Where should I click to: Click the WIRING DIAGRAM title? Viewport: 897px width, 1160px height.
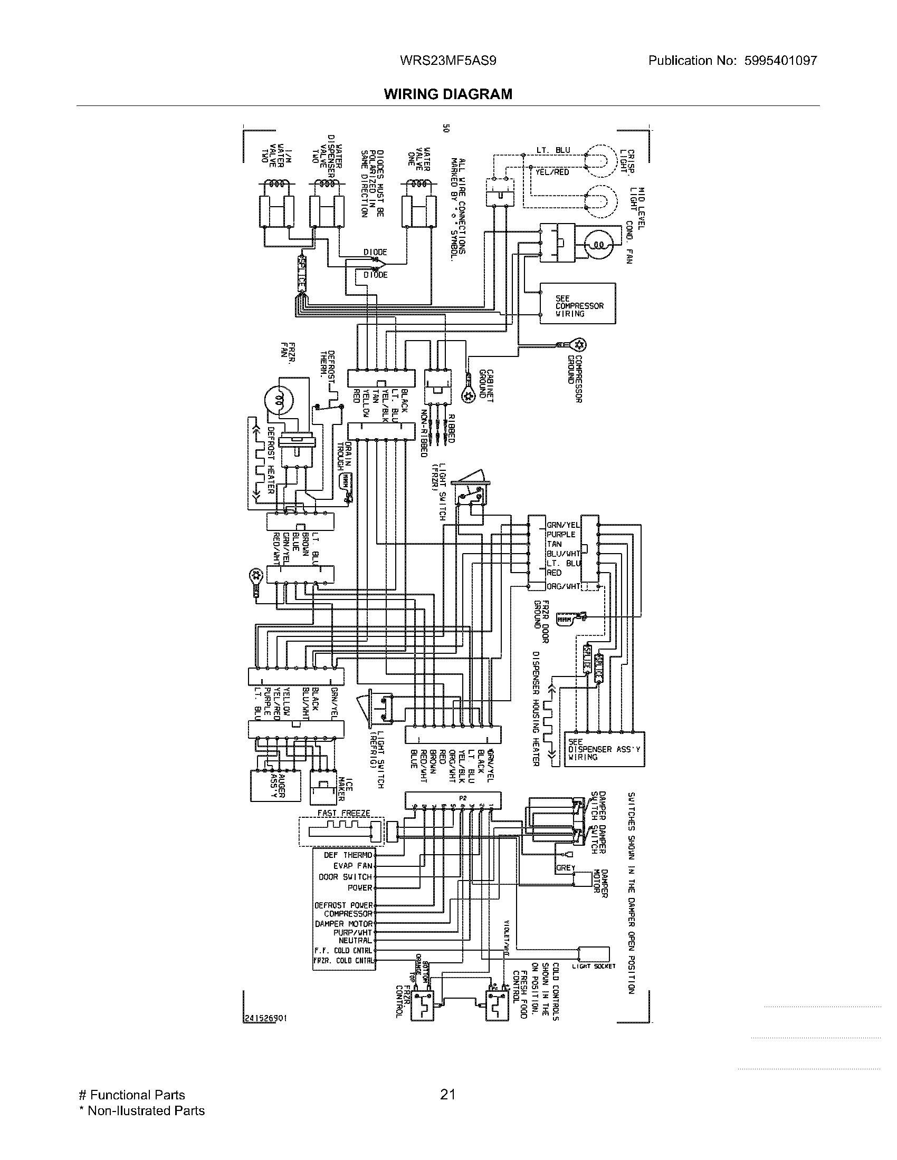(x=448, y=94)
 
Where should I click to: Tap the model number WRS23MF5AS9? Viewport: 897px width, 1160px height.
(x=447, y=61)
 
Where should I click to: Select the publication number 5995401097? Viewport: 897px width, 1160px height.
(x=779, y=61)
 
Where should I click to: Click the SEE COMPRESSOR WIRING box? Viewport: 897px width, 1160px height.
(x=578, y=303)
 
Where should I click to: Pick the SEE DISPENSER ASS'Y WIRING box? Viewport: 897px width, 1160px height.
(x=604, y=749)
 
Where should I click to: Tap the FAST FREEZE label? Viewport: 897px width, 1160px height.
(x=343, y=813)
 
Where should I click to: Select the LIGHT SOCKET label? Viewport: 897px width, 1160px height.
(x=594, y=966)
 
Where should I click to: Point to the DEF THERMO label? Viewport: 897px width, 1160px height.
(x=348, y=855)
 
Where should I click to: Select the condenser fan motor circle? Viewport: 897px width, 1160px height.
(x=598, y=245)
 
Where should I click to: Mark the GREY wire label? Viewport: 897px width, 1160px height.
(x=566, y=867)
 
